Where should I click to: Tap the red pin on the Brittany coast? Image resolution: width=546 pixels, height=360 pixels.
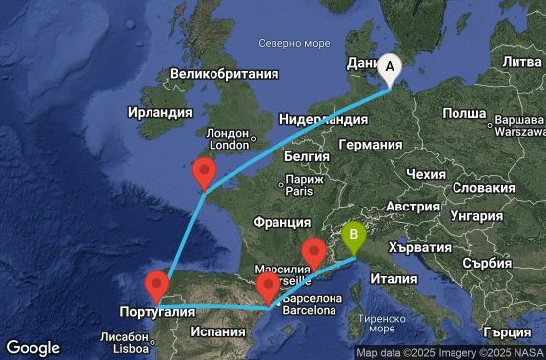(x=205, y=174)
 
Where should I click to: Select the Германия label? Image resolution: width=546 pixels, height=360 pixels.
(x=370, y=144)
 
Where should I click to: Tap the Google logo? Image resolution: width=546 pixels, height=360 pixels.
(x=32, y=347)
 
